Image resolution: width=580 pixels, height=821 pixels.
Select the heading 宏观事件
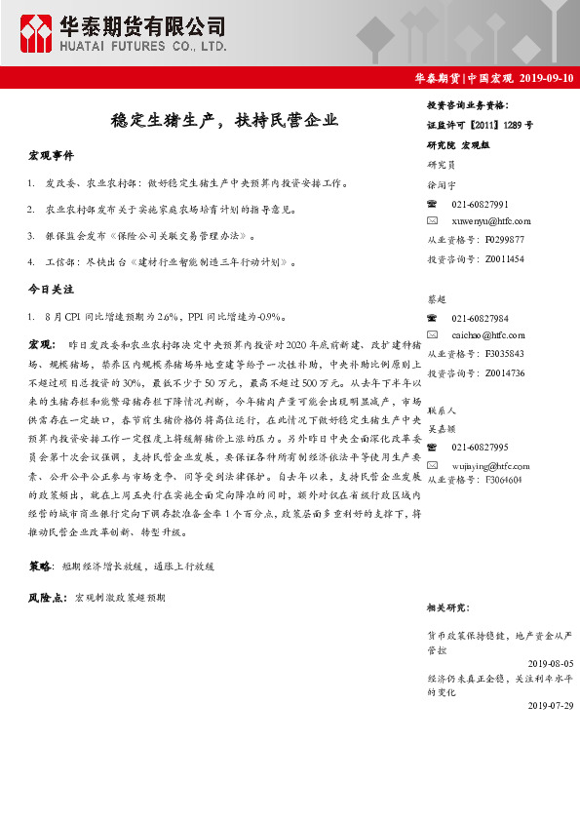click(51, 156)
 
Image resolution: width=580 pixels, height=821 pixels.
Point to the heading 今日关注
click(51, 290)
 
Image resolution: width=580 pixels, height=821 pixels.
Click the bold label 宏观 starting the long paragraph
click(41, 346)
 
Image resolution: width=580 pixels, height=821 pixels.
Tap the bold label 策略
click(41, 566)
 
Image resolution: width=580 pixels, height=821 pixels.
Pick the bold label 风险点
click(47, 595)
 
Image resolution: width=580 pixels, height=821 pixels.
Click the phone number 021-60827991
click(481, 204)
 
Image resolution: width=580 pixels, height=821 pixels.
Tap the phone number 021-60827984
click(481, 319)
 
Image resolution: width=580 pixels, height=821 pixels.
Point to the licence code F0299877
click(503, 239)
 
